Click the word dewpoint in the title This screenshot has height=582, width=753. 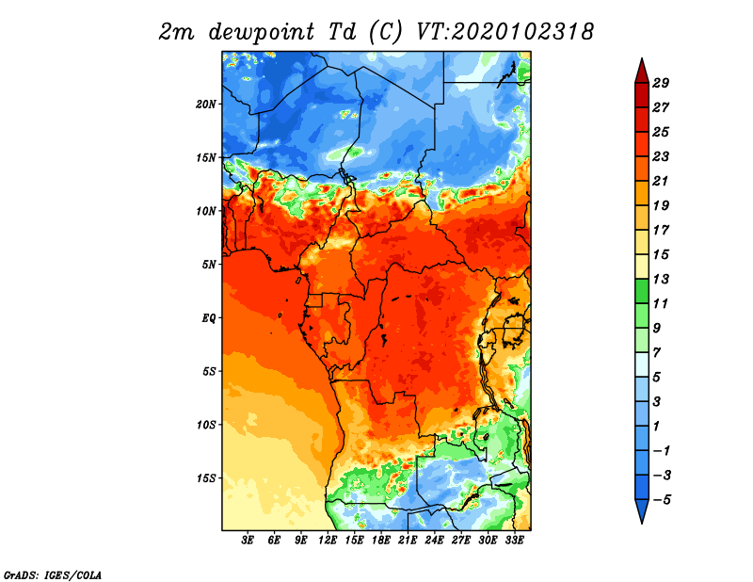[x=262, y=33]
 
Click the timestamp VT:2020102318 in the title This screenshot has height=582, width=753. [x=505, y=32]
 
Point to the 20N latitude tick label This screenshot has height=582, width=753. [x=206, y=104]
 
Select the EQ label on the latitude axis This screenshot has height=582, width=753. [x=209, y=318]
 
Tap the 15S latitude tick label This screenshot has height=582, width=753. [x=206, y=478]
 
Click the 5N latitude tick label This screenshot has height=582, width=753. [x=209, y=265]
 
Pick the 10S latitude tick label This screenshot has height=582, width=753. [x=206, y=425]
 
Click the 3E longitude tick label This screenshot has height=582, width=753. [x=248, y=541]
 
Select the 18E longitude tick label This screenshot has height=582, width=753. [x=381, y=541]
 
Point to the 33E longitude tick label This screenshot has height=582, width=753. [x=514, y=541]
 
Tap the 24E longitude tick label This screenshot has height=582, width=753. [x=434, y=541]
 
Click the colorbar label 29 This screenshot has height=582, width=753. [x=661, y=83]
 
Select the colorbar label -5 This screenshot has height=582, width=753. [x=662, y=500]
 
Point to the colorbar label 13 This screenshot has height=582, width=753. [x=661, y=279]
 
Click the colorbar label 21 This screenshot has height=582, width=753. [x=661, y=181]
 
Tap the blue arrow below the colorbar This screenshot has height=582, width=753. [x=642, y=510]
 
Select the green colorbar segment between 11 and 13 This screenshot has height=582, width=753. [x=642, y=291]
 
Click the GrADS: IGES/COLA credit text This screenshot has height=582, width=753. [x=53, y=574]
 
